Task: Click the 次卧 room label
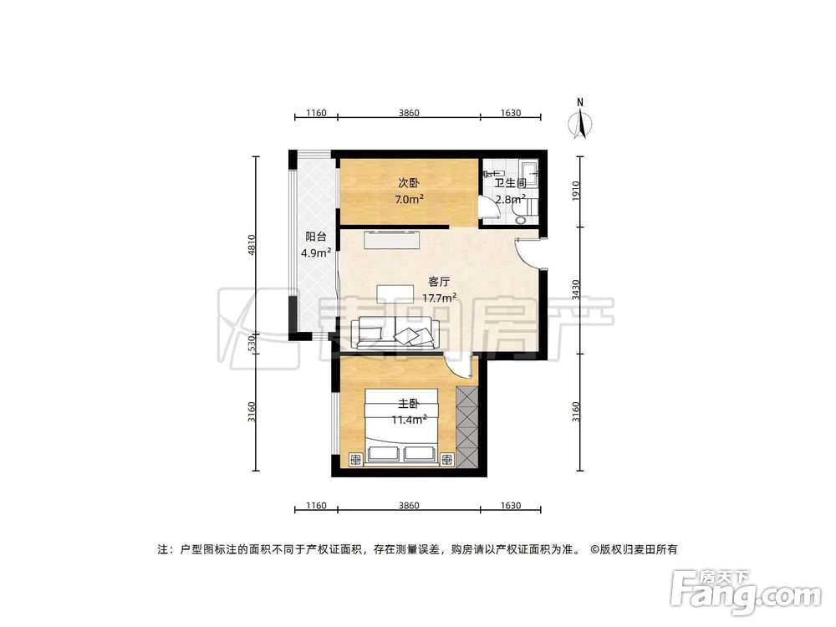[x=407, y=182]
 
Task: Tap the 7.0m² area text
[x=409, y=199]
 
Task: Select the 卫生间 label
[x=509, y=183]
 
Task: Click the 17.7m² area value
[x=439, y=298]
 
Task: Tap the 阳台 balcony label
[x=315, y=237]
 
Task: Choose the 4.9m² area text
[x=316, y=252]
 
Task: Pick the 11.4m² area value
[x=410, y=420]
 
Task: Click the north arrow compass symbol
[x=580, y=122]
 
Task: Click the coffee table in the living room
[x=395, y=293]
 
